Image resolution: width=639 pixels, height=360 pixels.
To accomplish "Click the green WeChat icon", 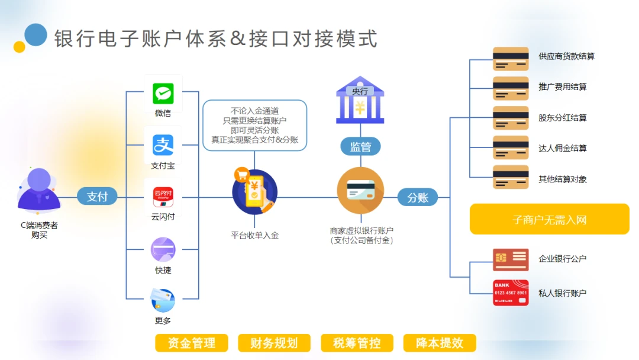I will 163,94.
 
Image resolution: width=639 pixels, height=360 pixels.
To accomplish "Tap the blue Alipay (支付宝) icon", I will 163,145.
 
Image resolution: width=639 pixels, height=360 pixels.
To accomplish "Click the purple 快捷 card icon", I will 163,249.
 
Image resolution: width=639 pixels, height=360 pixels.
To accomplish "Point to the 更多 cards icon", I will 163,300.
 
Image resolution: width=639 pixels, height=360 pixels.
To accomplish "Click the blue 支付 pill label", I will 97,197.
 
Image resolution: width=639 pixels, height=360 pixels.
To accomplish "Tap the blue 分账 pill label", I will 418,197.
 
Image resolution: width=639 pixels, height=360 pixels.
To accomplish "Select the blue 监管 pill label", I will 360,146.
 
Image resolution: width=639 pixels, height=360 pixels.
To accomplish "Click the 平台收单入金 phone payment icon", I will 254,192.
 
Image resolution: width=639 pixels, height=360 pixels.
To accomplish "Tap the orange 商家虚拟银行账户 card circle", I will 360,191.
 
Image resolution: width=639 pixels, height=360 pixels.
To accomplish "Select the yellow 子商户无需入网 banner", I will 549,220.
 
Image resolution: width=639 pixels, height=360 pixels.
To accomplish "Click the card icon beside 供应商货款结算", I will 511,59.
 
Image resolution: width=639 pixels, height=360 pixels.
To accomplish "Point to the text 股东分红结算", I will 562,117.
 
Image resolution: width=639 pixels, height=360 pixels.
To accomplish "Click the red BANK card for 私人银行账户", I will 511,292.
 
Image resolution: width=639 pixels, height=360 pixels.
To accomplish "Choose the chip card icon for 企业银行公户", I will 511,259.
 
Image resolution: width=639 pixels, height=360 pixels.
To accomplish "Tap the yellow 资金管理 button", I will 191,343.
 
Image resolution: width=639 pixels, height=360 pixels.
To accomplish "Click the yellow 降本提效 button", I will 439,343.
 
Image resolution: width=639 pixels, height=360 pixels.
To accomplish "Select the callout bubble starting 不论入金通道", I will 254,125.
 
